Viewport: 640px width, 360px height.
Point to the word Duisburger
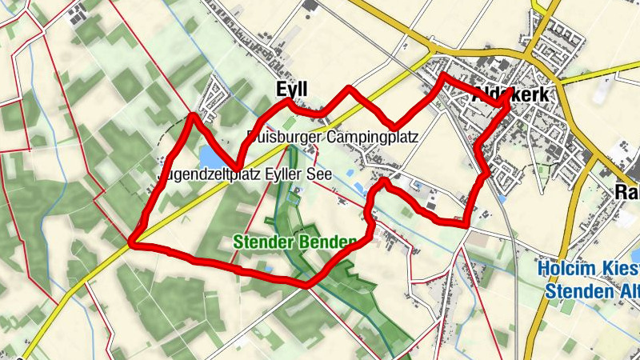[285, 137]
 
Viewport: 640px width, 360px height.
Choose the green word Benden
[325, 242]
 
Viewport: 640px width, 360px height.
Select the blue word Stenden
[573, 291]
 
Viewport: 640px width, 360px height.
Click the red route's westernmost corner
[132, 242]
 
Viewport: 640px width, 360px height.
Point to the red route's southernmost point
[306, 284]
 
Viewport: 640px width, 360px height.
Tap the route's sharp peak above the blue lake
[193, 117]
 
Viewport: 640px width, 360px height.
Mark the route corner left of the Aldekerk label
[442, 75]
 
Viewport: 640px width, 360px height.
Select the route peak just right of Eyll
[349, 87]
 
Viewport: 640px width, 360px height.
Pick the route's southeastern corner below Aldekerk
[466, 225]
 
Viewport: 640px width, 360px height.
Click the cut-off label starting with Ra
[627, 192]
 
